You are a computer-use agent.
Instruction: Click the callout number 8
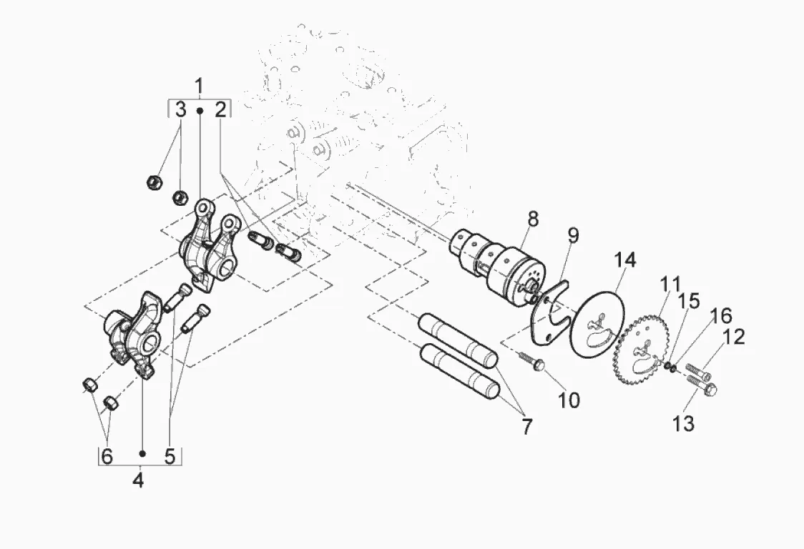click(x=533, y=219)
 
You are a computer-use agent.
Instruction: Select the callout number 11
click(x=670, y=284)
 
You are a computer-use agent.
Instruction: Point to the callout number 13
click(x=684, y=423)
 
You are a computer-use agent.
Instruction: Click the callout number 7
click(x=526, y=426)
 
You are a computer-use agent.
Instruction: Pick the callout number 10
click(x=568, y=400)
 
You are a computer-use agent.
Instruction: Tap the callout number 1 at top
click(x=199, y=86)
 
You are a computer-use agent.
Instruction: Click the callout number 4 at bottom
click(x=138, y=480)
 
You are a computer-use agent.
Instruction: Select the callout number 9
click(x=573, y=235)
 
